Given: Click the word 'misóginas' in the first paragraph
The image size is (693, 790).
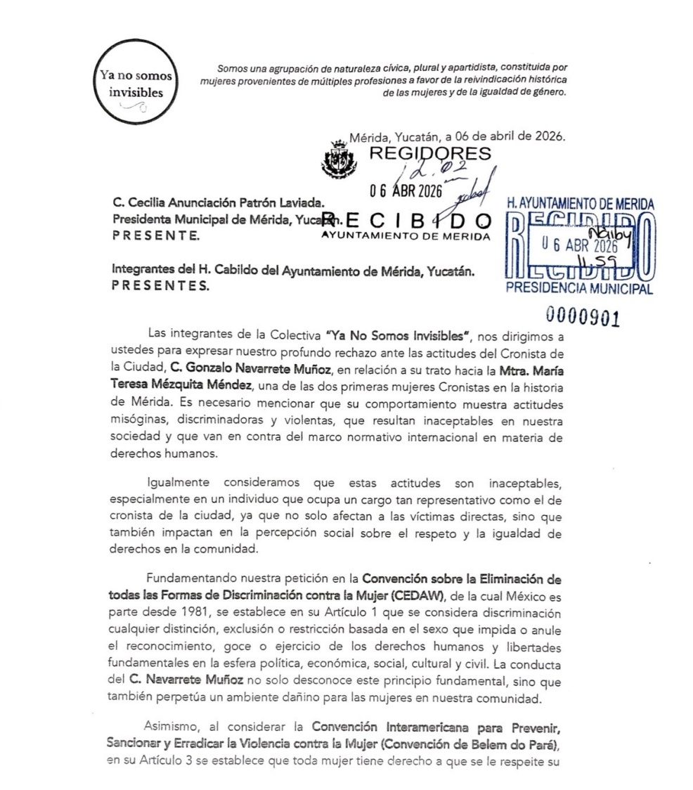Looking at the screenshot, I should [141, 420].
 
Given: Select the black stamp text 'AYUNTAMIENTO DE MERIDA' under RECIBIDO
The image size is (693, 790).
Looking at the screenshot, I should [405, 235].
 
